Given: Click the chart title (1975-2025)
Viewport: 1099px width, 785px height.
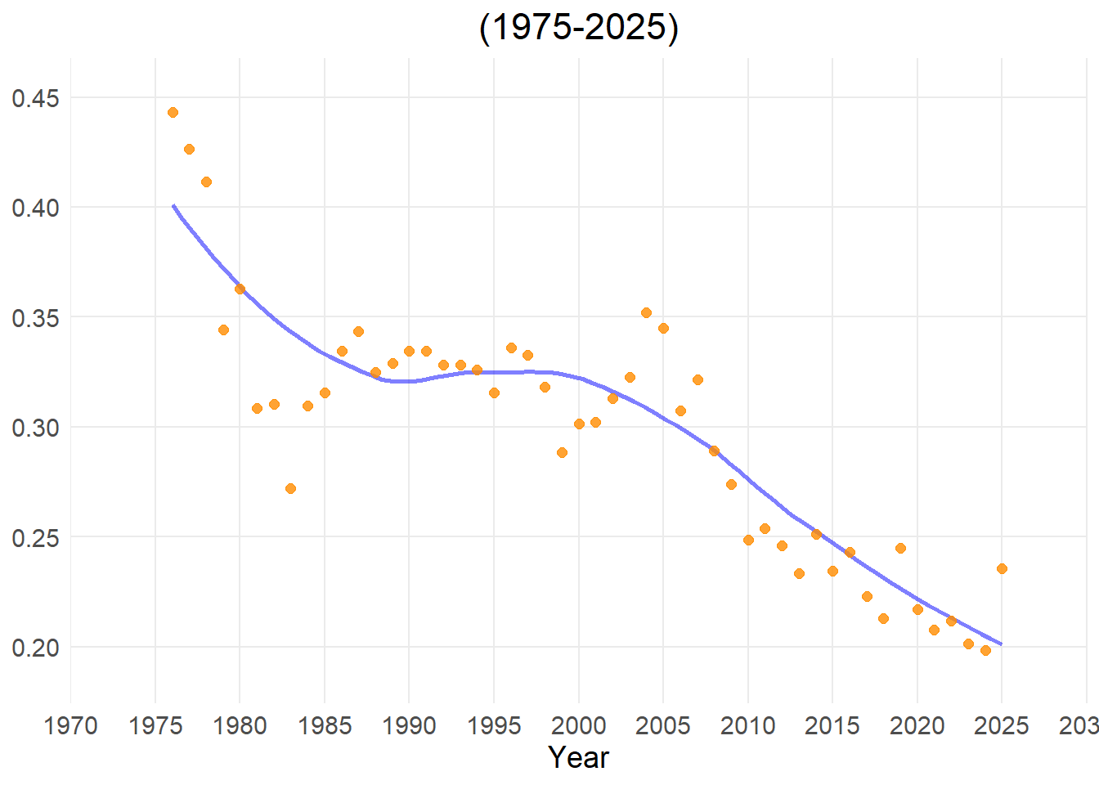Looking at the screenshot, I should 579,28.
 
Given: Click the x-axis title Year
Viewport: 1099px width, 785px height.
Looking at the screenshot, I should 579,757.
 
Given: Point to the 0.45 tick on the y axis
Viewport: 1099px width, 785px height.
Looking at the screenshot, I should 35,99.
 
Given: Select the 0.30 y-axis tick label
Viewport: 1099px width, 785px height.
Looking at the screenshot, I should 35,428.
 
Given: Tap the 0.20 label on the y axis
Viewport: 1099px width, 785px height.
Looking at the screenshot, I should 35,648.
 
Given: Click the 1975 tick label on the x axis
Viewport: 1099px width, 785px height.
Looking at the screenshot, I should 155,725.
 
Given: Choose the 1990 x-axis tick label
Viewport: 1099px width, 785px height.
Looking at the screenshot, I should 409,725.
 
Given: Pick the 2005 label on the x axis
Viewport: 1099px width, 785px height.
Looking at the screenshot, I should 663,725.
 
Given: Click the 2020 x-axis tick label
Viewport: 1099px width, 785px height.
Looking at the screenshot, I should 917,725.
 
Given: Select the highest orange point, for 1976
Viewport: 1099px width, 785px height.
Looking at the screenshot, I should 173,112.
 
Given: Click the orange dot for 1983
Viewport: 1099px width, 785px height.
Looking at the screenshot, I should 290,488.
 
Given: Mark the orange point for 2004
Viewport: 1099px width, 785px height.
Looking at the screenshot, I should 646,312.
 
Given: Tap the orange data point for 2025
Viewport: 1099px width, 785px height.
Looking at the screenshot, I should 1002,568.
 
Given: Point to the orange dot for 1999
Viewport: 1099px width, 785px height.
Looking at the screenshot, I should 562,452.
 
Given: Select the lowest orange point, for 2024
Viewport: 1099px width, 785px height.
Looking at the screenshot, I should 985,650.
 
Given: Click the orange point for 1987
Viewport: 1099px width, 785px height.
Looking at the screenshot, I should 358,331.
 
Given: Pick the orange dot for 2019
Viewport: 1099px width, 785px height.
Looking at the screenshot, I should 900,548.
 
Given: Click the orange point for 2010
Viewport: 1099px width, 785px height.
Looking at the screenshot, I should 748,540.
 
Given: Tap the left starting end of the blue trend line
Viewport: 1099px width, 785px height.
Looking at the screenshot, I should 173,205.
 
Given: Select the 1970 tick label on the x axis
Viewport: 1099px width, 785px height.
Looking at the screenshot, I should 71,725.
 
